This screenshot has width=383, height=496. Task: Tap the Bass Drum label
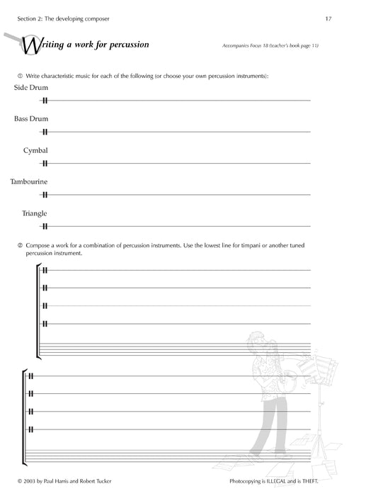[x=30, y=118]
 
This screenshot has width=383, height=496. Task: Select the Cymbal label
[x=35, y=150]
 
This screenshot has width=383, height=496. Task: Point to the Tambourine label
[x=29, y=181]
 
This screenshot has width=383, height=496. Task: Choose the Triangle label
[x=35, y=213]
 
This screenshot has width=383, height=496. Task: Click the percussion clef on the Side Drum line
[x=45, y=101]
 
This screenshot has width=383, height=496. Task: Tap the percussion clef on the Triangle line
[x=45, y=227]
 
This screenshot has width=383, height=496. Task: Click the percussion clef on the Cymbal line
[x=45, y=164]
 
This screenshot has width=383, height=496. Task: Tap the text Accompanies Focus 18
[x=245, y=46]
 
